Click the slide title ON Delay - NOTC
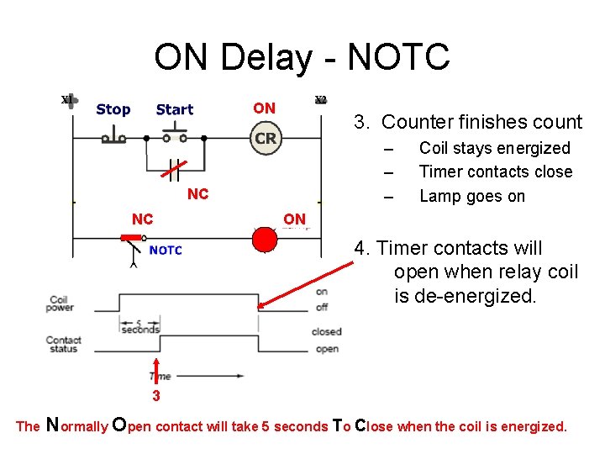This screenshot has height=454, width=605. (x=302, y=58)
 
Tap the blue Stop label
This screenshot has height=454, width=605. (x=113, y=109)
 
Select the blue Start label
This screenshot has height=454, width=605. (x=175, y=109)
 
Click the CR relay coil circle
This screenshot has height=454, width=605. (x=266, y=138)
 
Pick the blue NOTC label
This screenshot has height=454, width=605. (x=166, y=250)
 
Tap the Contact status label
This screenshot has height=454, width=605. (x=63, y=345)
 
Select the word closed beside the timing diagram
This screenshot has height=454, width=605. (x=326, y=331)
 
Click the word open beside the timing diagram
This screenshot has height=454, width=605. (x=326, y=349)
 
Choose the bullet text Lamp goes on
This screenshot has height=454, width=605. (x=471, y=196)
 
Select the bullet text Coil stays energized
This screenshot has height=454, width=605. (x=494, y=148)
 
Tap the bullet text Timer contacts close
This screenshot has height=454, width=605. (x=496, y=172)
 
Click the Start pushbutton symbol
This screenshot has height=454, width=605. (x=175, y=135)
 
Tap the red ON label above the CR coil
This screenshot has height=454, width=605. (x=264, y=108)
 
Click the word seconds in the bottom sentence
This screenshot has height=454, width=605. (x=302, y=426)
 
